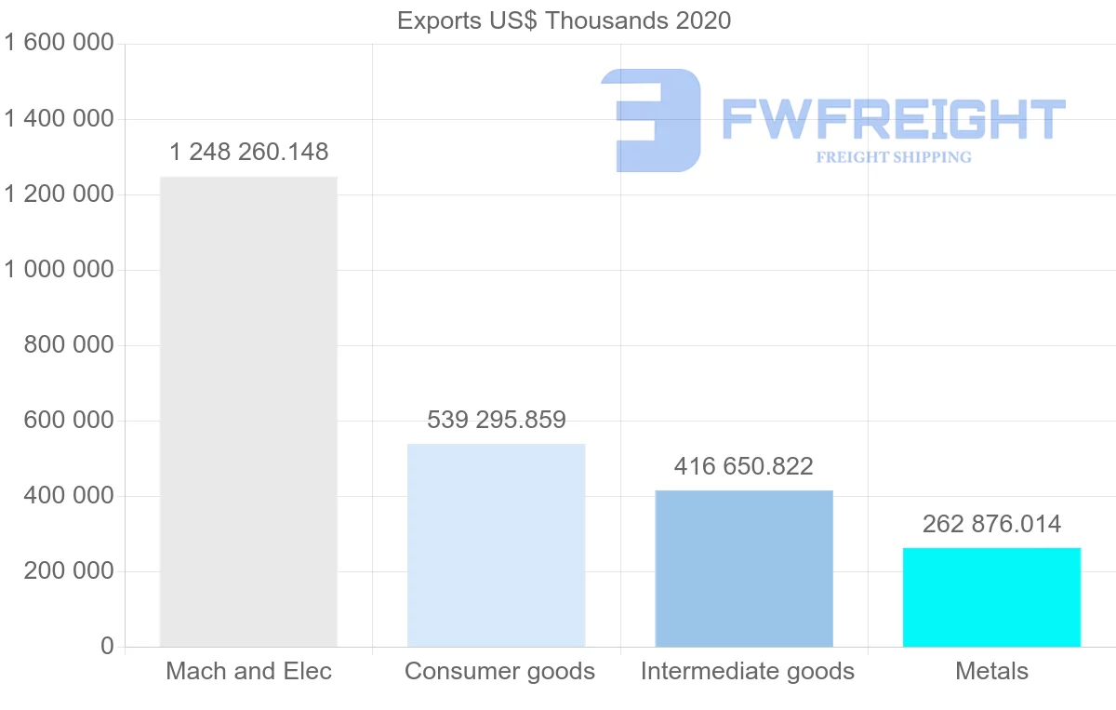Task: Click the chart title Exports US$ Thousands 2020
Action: click(564, 20)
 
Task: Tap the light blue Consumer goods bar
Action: click(497, 545)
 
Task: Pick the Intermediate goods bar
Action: click(744, 569)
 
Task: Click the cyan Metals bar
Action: click(991, 597)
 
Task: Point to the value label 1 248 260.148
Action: click(248, 152)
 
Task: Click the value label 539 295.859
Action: click(497, 420)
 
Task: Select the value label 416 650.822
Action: click(744, 466)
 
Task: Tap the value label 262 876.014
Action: click(991, 524)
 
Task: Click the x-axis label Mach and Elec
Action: click(248, 671)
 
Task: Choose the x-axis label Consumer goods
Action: click(499, 671)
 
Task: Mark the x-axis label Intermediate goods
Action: click(747, 671)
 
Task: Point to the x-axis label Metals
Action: click(991, 671)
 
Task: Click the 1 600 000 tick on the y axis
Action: click(59, 43)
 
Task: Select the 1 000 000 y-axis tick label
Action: click(59, 270)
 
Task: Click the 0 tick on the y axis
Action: click(107, 647)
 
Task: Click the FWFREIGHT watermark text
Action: click(893, 119)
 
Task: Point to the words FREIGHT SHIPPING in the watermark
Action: click(894, 157)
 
